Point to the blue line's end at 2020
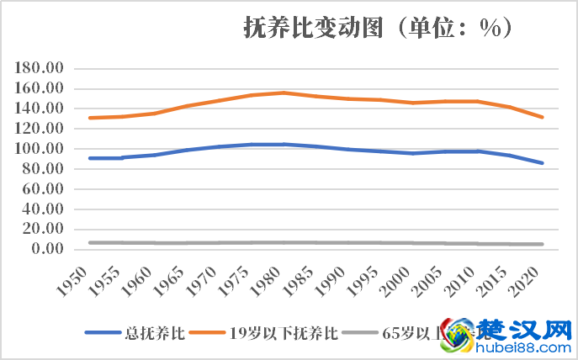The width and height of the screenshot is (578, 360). tap(543, 163)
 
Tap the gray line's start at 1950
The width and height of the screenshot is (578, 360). tap(89, 242)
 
